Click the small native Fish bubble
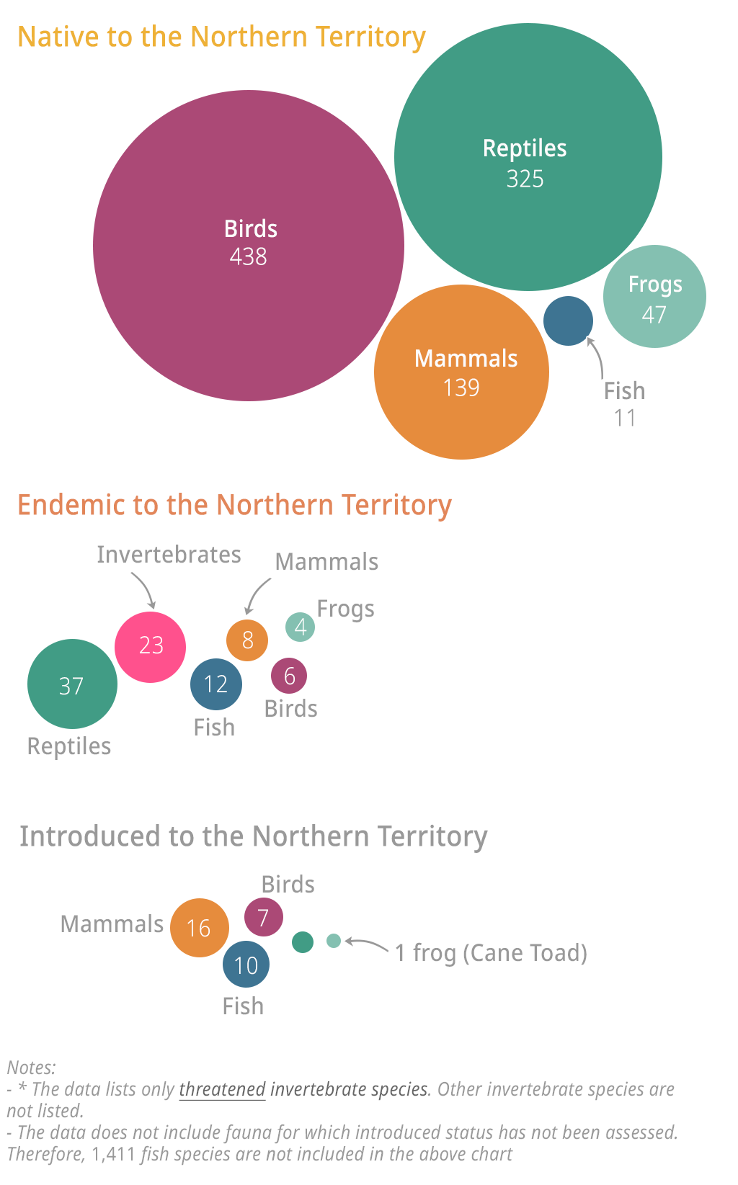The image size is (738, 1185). (x=568, y=321)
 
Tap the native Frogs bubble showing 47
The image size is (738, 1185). (x=654, y=297)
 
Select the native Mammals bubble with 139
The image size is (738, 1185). (x=461, y=372)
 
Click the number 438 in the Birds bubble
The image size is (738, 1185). (x=248, y=257)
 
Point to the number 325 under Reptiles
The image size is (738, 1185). (x=525, y=179)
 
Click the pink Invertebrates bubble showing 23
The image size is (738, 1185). (x=150, y=647)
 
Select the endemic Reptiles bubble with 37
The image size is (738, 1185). (x=72, y=684)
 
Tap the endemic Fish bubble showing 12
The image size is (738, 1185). (x=215, y=684)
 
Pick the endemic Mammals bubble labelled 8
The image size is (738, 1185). (x=247, y=640)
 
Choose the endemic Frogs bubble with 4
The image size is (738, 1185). (x=300, y=627)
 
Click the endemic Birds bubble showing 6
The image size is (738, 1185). (x=289, y=676)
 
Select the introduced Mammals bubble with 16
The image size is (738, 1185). (x=199, y=928)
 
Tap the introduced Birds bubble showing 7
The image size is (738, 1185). (x=263, y=917)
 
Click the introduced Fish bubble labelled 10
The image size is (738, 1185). (x=246, y=965)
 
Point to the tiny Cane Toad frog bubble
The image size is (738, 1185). (x=334, y=941)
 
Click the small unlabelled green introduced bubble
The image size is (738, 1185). (x=303, y=942)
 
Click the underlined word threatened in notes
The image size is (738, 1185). (x=222, y=1089)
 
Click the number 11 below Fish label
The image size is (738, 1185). (x=625, y=419)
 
